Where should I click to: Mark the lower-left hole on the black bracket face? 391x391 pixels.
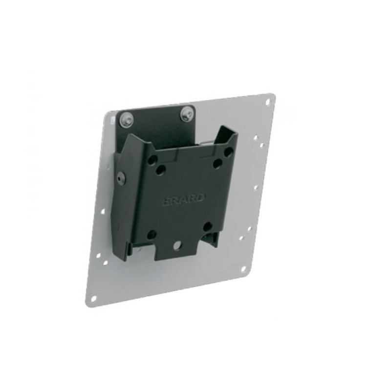click(152, 235)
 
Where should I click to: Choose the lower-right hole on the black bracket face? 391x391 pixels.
click(207, 226)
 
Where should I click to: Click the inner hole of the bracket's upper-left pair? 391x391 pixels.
click(161, 170)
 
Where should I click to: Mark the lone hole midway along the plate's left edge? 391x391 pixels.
click(102, 211)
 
